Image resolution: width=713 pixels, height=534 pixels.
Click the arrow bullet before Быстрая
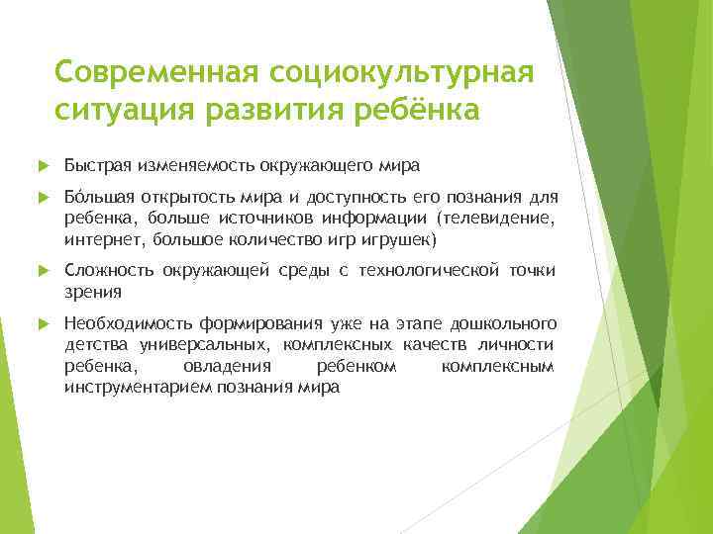[41, 164]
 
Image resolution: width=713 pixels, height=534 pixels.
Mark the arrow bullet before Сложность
[41, 271]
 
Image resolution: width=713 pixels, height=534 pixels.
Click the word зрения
[92, 292]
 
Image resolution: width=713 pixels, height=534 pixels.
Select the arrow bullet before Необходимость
[41, 324]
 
